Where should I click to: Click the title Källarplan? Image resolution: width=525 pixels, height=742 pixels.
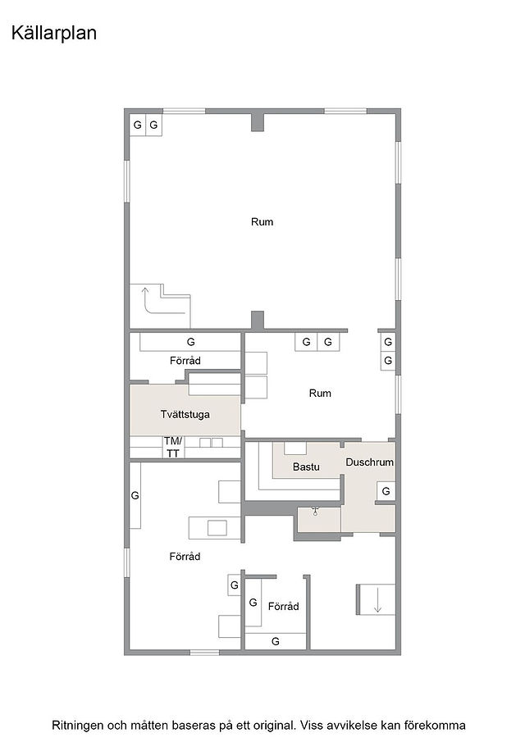coord(54,33)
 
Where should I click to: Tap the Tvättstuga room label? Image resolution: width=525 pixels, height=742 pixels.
coord(185,415)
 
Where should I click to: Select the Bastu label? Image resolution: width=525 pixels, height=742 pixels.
coord(306,467)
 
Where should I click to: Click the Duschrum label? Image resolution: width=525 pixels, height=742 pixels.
coord(369,462)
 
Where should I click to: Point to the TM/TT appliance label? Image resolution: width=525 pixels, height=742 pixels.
coord(173,447)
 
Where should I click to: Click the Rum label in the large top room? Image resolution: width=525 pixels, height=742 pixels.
coord(262,222)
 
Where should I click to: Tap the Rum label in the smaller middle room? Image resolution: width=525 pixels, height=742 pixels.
coord(320,394)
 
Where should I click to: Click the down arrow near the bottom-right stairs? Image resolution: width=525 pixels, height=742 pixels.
coord(377,600)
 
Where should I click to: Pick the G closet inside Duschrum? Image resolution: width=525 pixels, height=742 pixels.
coord(386,491)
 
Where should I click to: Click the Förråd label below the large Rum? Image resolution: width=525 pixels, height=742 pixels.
coord(185,361)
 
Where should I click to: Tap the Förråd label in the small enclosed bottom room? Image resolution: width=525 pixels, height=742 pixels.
coord(284,606)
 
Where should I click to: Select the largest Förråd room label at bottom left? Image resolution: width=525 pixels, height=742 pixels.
coord(185,557)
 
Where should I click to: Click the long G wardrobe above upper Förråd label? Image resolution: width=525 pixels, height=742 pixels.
coord(190,342)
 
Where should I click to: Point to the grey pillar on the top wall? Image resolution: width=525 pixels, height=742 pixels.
coord(257,122)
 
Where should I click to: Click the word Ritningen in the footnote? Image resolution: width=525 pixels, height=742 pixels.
coord(77,726)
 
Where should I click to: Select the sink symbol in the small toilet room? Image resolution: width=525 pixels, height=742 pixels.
coord(315,511)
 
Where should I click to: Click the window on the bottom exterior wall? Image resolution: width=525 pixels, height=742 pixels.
coord(204,653)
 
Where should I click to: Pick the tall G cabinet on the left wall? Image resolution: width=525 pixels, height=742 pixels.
coord(135,495)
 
